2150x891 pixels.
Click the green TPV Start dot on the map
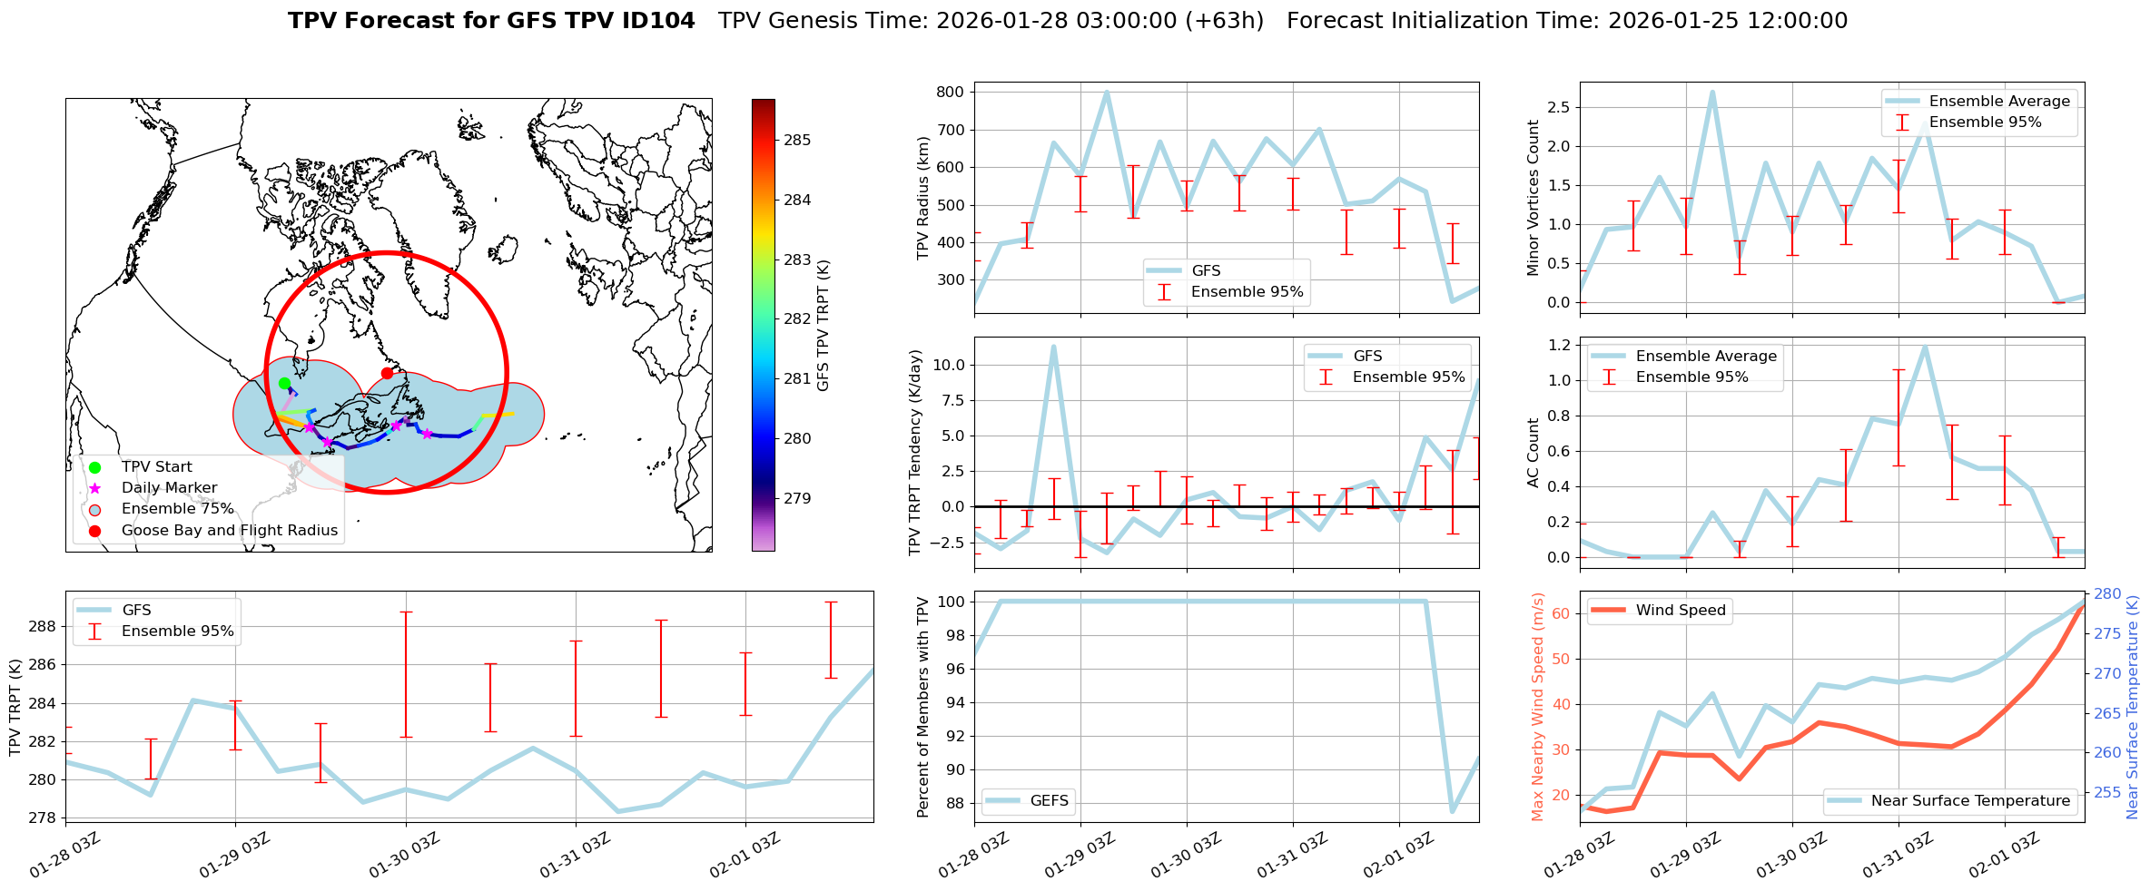(284, 383)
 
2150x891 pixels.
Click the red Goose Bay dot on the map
(387, 373)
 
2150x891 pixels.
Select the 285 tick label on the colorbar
(797, 140)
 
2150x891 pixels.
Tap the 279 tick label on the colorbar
(797, 498)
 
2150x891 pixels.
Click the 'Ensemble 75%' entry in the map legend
(177, 509)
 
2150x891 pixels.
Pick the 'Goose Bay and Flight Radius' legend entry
(229, 530)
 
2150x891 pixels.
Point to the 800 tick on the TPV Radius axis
(950, 92)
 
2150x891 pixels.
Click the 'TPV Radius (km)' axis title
(923, 198)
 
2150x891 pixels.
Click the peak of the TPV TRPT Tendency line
(1053, 346)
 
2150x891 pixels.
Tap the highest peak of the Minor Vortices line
(1711, 92)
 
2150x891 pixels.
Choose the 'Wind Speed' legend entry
(1680, 611)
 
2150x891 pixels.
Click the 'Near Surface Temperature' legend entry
(1970, 800)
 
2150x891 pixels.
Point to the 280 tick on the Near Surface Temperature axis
(2107, 594)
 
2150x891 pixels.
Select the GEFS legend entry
(1049, 800)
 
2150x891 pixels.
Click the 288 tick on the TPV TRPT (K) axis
(43, 626)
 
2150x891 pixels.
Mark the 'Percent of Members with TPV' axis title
(923, 707)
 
